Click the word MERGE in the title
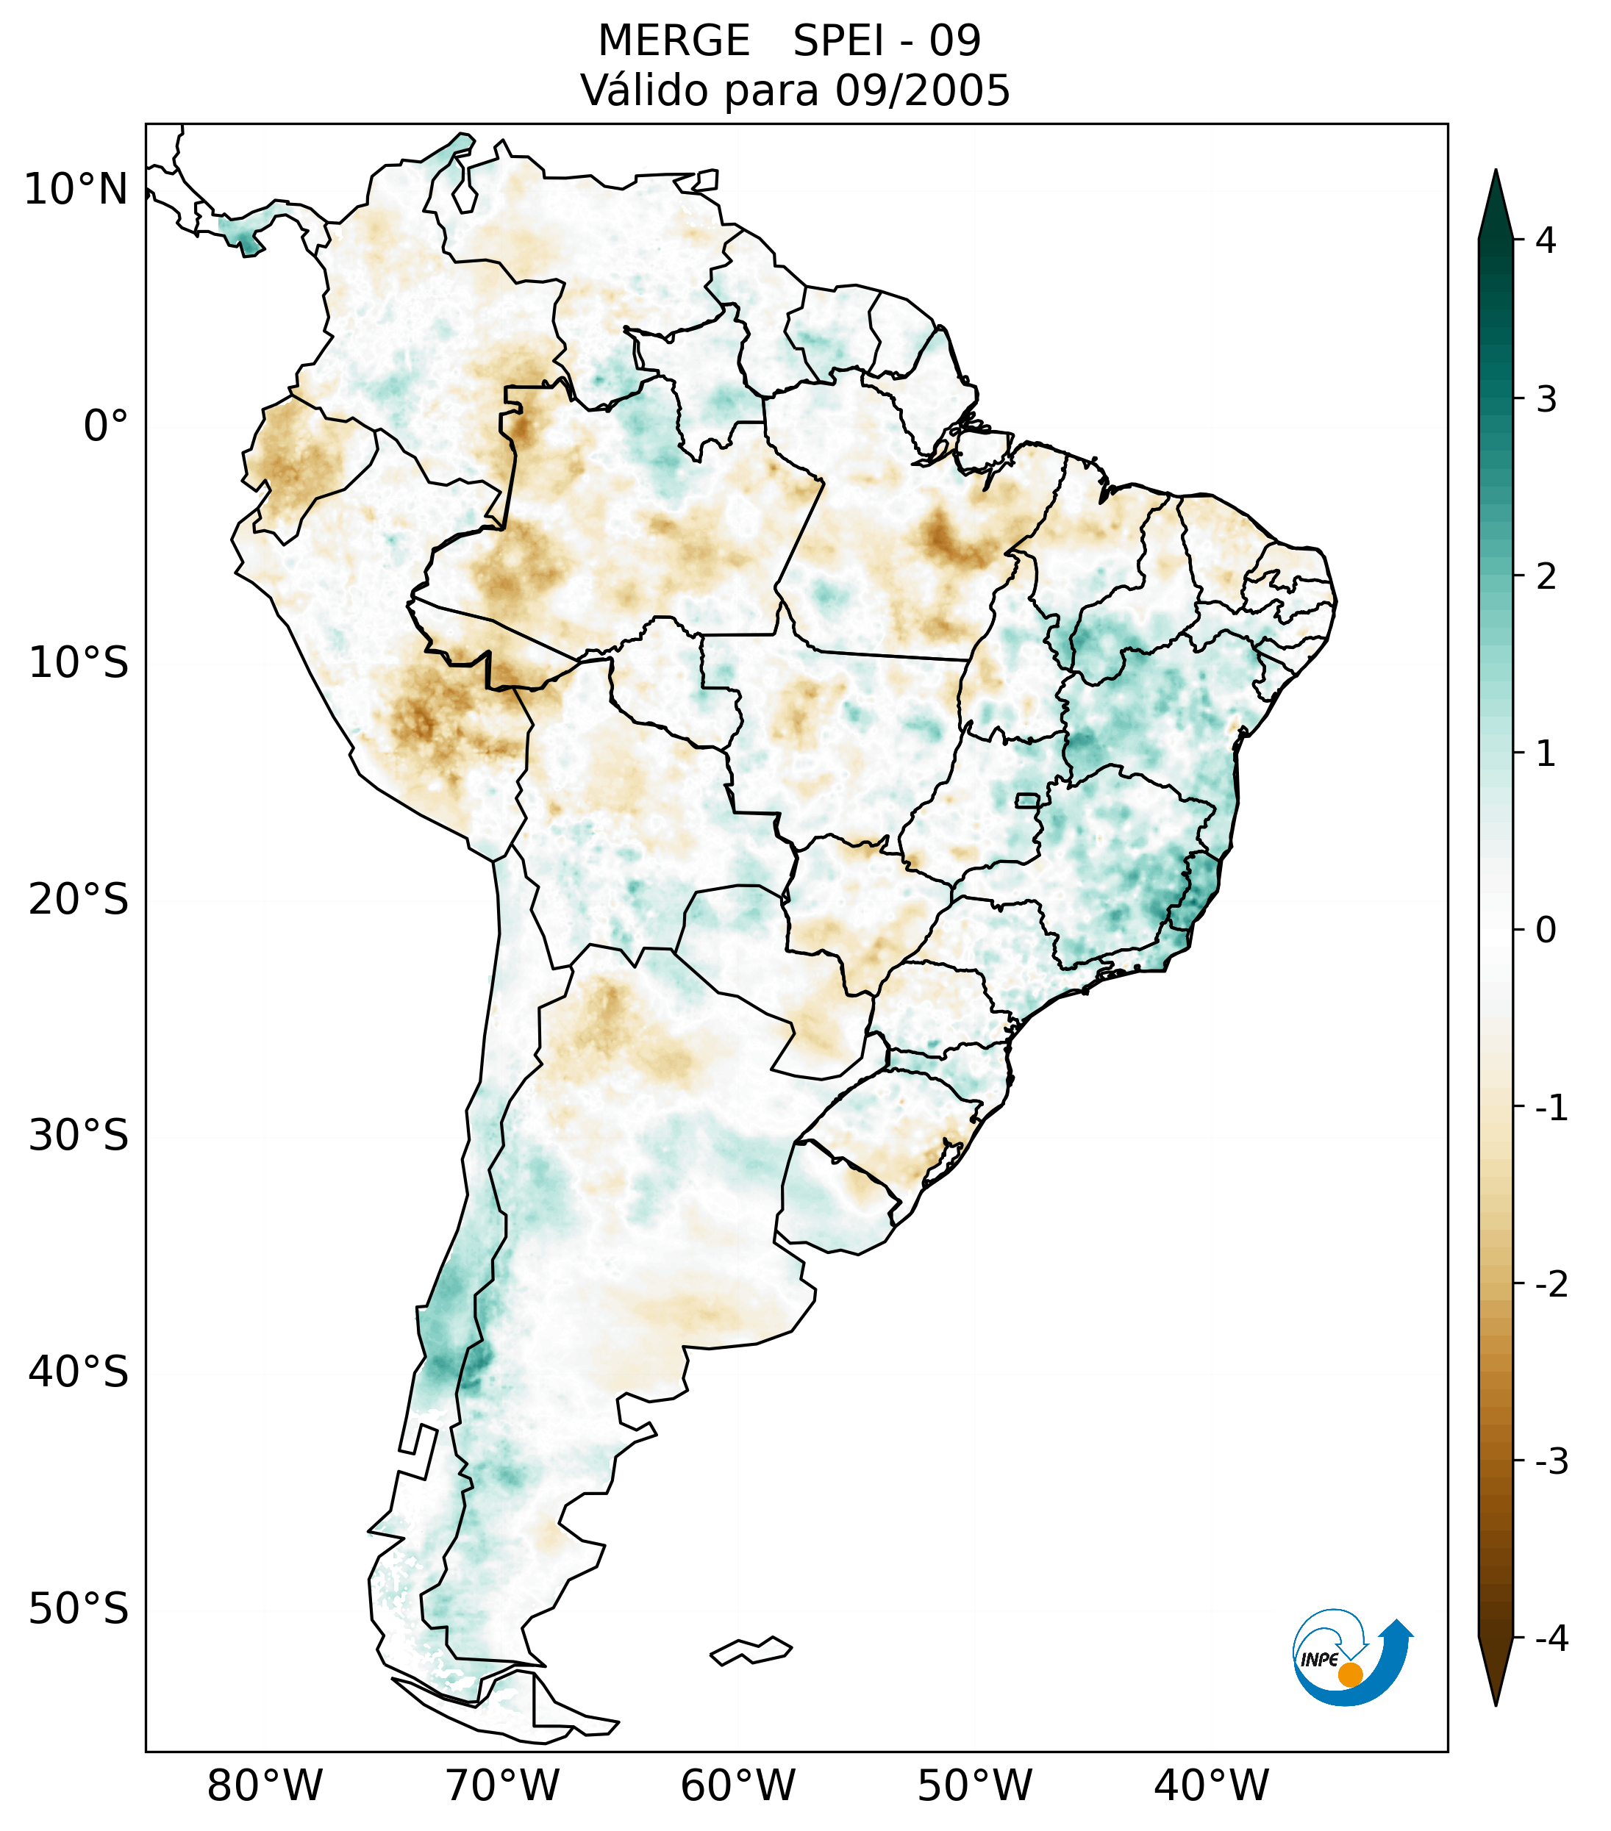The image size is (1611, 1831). point(673,41)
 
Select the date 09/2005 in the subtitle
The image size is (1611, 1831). point(922,90)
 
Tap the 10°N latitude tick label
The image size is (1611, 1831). point(76,190)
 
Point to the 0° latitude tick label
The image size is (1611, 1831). point(106,426)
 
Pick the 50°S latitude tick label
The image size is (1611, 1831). point(79,1609)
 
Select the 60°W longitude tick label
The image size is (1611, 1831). point(737,1785)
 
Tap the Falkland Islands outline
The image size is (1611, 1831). point(751,1650)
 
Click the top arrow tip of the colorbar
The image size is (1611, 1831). point(1495,172)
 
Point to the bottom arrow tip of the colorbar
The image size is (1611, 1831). point(1495,1704)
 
